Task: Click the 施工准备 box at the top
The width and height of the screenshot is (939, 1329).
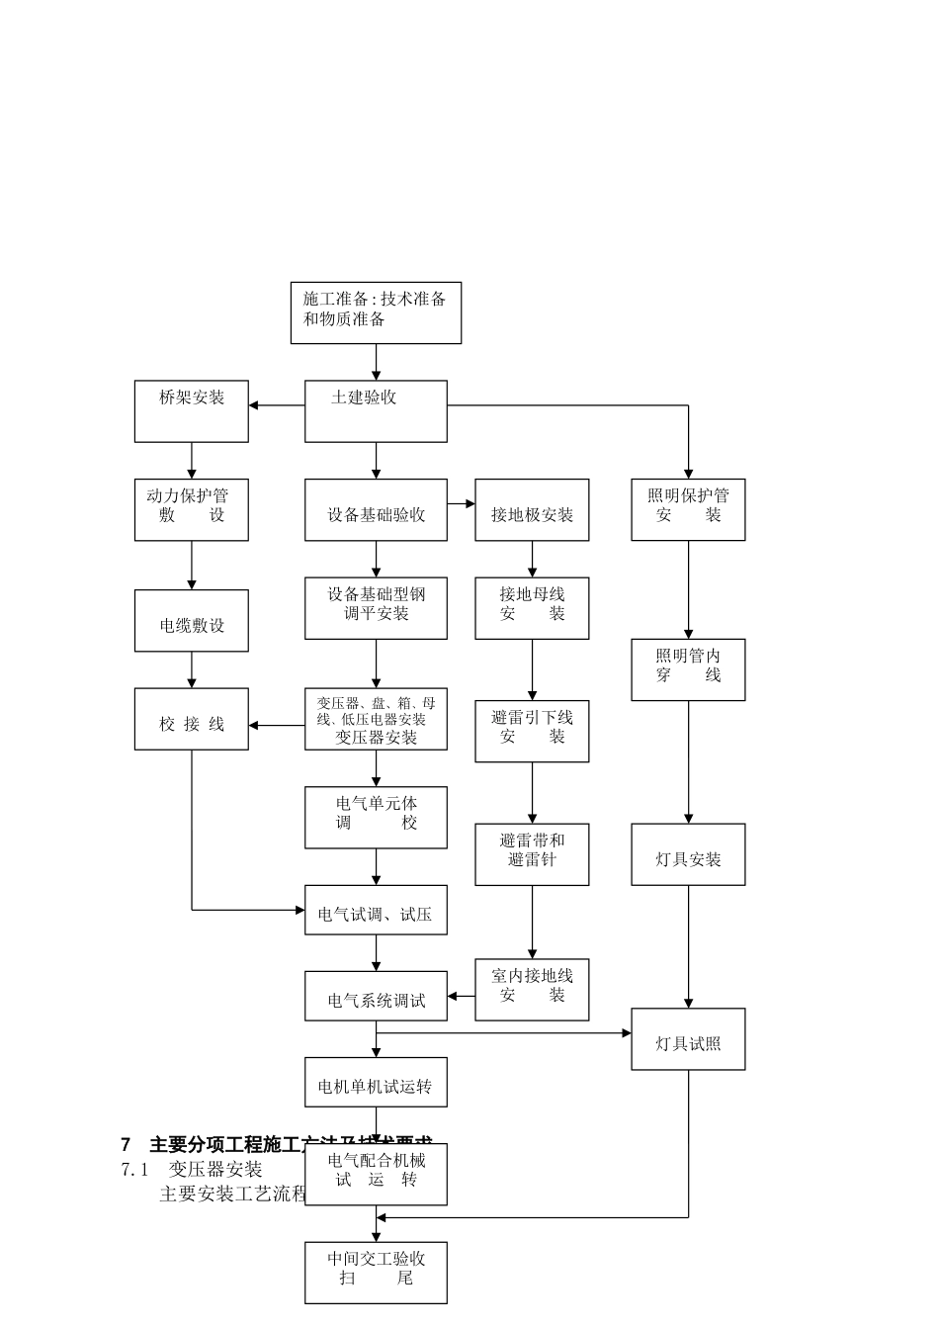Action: click(x=376, y=312)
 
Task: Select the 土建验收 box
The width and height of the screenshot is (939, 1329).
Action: click(x=376, y=410)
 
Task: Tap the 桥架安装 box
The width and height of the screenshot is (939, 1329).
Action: click(x=191, y=410)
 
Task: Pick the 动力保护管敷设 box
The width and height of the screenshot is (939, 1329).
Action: click(x=191, y=509)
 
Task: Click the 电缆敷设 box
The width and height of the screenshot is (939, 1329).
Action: click(x=191, y=621)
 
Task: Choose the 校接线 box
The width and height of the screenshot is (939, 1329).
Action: click(x=191, y=719)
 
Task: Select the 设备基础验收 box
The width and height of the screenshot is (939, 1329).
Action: click(x=376, y=509)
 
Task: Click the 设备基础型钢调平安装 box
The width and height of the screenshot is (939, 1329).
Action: click(x=376, y=608)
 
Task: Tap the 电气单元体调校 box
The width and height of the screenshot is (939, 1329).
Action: click(x=376, y=817)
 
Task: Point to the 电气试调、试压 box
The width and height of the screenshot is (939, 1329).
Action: click(x=376, y=910)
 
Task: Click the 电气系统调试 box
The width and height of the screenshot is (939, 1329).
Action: click(x=376, y=996)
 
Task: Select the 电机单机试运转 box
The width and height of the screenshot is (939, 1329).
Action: click(x=376, y=1082)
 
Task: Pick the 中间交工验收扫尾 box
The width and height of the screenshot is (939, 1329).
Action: click(x=376, y=1273)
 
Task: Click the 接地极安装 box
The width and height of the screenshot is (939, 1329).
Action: click(x=532, y=509)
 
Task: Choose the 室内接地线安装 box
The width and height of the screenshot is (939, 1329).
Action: click(x=532, y=989)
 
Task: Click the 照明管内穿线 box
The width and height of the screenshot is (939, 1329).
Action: click(x=688, y=669)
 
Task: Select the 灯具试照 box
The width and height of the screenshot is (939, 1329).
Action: click(x=688, y=1039)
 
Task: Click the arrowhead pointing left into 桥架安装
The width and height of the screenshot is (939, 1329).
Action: click(x=254, y=405)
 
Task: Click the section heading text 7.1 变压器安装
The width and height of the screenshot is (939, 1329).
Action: click(x=192, y=1169)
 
